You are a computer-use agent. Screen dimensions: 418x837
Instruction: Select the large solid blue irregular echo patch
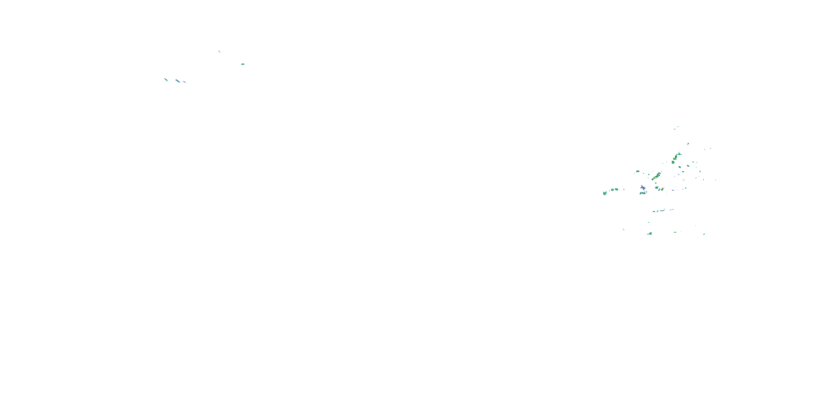(x=643, y=188)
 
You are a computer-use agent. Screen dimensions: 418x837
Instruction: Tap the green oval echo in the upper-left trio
(x=166, y=79)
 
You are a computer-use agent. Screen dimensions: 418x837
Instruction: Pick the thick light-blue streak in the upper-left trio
(x=177, y=81)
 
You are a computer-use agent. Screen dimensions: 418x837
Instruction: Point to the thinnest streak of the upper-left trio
(x=184, y=82)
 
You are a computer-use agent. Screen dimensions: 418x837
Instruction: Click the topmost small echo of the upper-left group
(x=219, y=51)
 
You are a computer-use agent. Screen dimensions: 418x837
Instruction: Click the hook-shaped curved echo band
(x=676, y=157)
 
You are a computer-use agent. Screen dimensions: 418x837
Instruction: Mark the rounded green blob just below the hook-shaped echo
(x=673, y=162)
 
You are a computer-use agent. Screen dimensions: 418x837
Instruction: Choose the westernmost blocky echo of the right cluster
(x=605, y=193)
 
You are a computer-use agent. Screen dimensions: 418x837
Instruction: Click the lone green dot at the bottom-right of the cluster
(x=704, y=234)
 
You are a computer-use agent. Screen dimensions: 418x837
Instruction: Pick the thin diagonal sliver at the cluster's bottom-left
(x=623, y=229)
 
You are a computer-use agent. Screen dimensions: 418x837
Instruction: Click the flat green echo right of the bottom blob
(x=675, y=232)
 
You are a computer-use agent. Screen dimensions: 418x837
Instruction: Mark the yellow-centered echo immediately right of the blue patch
(x=657, y=188)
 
